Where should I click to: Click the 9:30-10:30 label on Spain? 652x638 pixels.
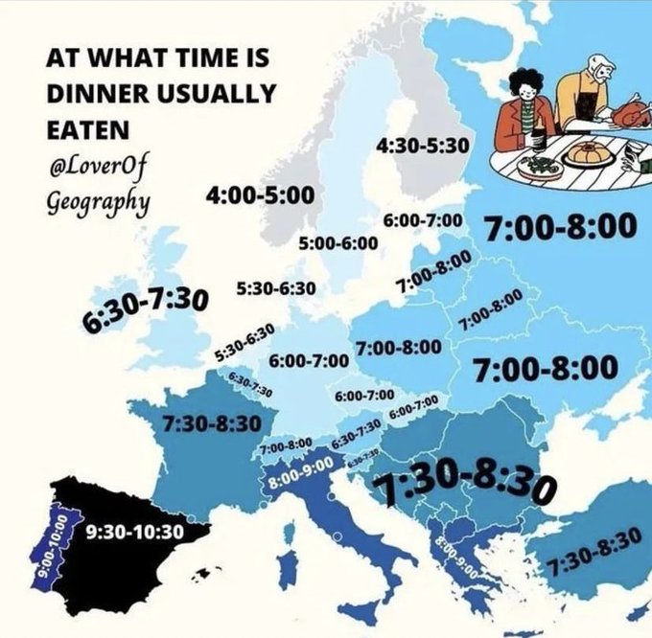click(134, 530)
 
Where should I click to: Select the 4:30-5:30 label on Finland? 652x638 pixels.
click(422, 146)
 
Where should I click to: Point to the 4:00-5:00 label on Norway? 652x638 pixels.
click(260, 195)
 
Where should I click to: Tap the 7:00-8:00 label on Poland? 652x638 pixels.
click(398, 346)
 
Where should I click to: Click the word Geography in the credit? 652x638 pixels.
click(95, 203)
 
